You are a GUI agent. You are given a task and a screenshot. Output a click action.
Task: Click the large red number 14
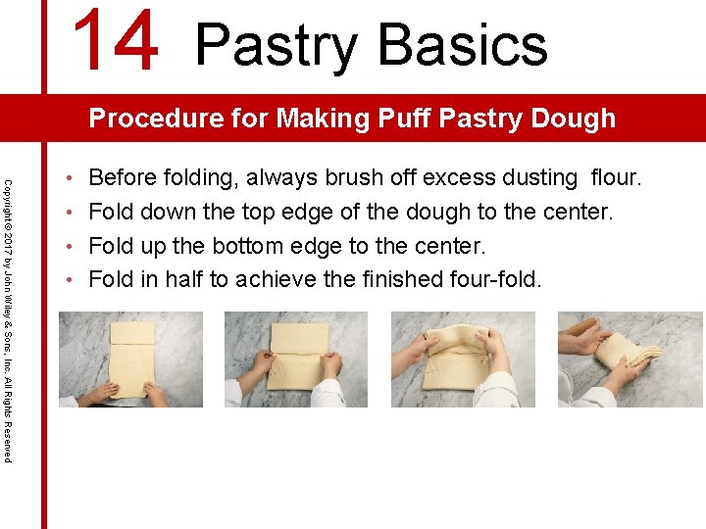coord(116,40)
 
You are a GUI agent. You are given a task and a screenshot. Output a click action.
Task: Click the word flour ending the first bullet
coord(615,178)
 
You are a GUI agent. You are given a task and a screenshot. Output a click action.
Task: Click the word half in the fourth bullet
coord(179,279)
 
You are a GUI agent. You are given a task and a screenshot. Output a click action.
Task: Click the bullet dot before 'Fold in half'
coord(73,280)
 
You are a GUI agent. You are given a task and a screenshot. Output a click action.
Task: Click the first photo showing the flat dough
coord(130,359)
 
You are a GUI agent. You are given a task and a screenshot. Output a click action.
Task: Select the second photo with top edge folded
coord(296,359)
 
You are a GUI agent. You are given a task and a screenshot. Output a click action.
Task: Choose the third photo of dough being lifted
coord(463,359)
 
